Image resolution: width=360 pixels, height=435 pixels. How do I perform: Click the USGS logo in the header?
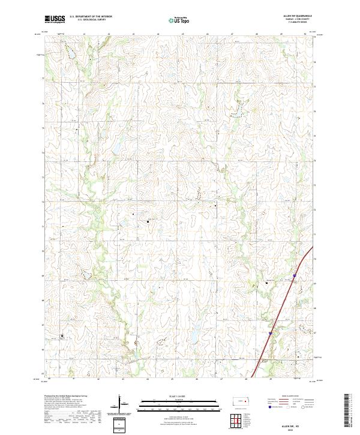(55, 19)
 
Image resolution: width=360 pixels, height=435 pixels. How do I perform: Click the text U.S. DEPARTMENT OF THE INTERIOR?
(91, 17)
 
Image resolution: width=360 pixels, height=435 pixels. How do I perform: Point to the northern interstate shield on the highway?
(294, 276)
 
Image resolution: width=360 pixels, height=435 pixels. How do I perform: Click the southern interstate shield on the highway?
(270, 331)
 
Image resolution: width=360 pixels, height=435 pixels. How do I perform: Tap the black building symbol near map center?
(147, 221)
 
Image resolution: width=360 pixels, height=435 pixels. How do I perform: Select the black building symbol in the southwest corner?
(61, 336)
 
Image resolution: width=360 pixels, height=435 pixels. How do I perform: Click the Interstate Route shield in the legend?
(268, 406)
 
